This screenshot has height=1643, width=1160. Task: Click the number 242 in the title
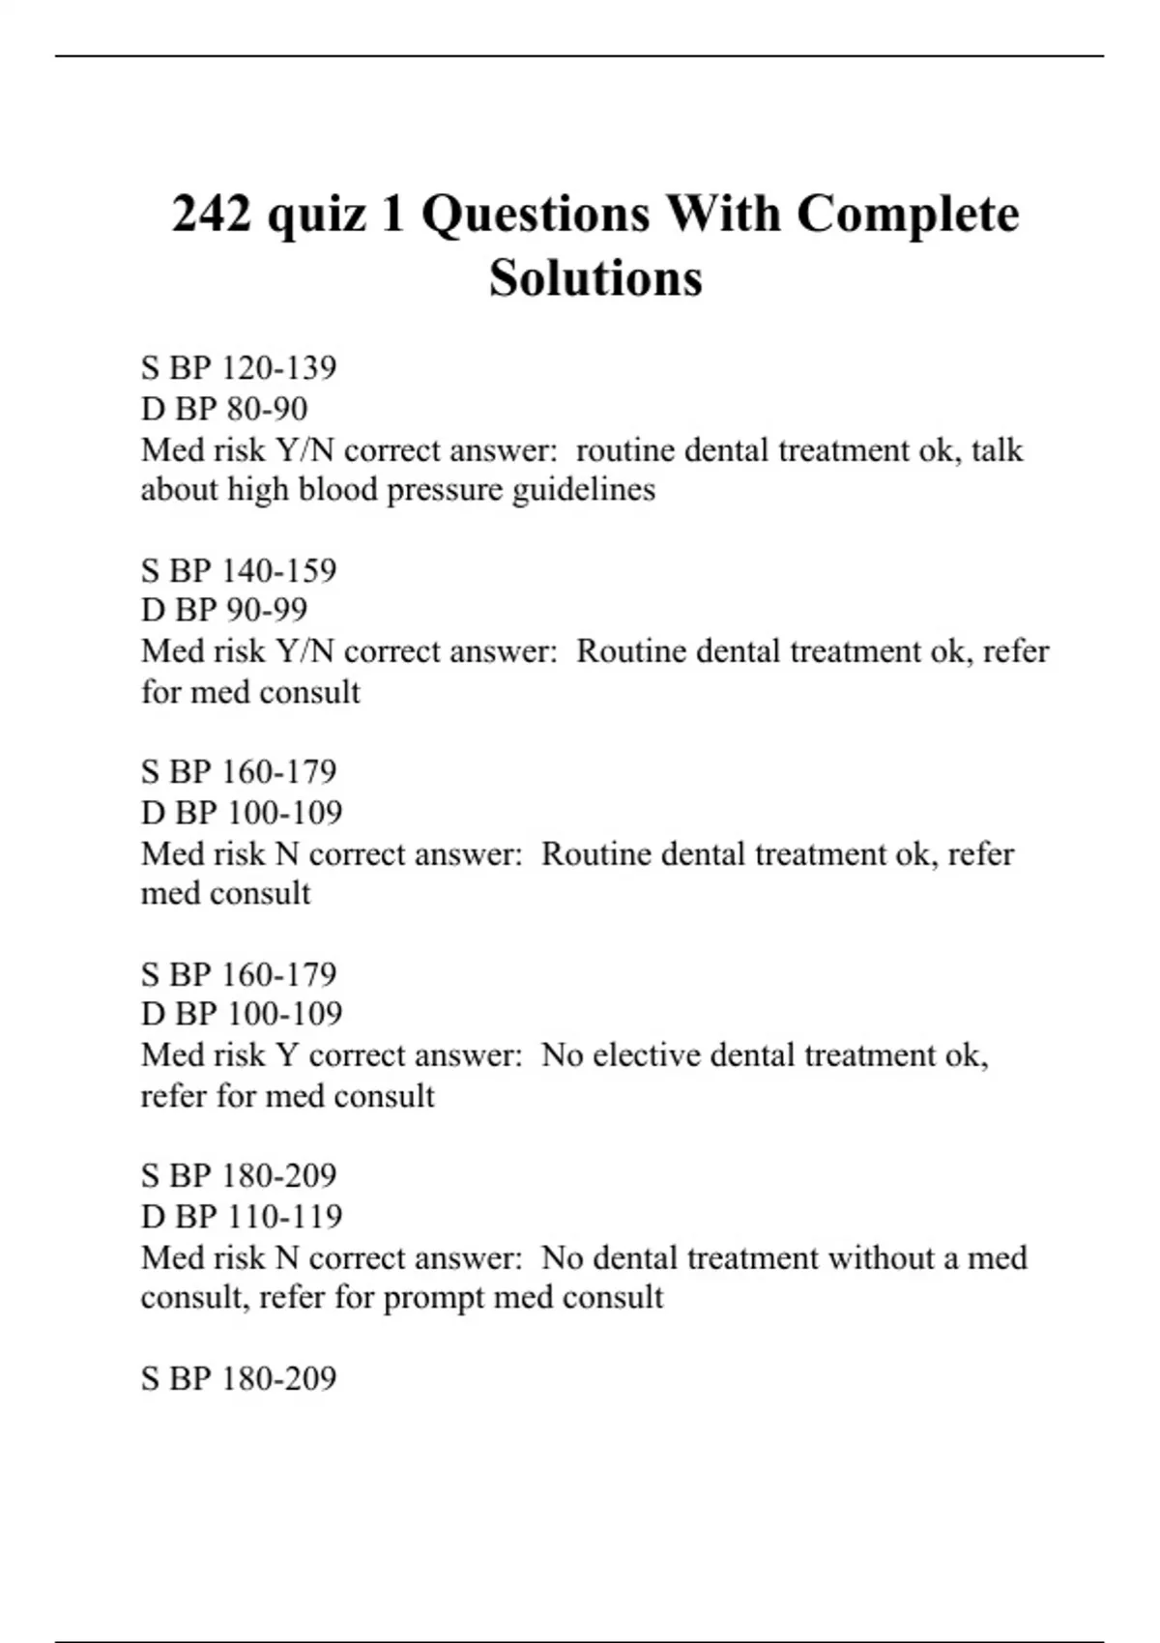(212, 214)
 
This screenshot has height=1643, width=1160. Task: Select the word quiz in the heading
(318, 216)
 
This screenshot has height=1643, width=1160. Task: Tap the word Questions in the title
(536, 214)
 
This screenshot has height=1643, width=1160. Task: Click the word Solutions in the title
(595, 277)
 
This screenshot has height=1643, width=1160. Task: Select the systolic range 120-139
(279, 368)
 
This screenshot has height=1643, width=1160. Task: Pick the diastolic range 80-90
(267, 409)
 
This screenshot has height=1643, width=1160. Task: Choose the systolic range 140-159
(279, 570)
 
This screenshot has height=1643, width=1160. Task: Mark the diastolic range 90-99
(267, 610)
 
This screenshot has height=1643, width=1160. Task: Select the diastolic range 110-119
(285, 1216)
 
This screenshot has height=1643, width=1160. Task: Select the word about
(181, 490)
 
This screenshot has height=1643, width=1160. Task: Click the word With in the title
(724, 214)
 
